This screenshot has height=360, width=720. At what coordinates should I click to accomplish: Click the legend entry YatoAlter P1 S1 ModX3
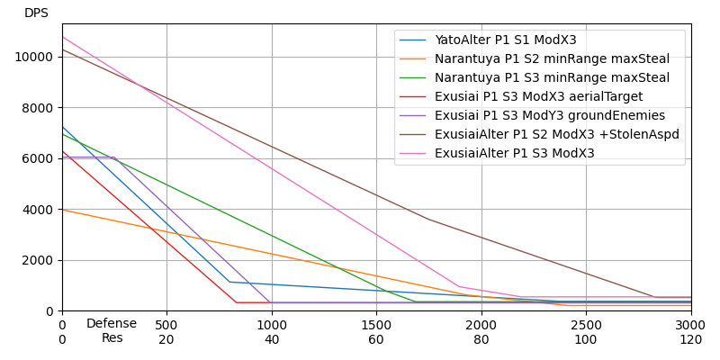pyautogui.click(x=505, y=40)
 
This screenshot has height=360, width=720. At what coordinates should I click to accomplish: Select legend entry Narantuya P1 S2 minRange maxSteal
pyautogui.click(x=552, y=59)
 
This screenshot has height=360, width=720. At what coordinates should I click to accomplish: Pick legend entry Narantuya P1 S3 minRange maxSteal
pyautogui.click(x=552, y=78)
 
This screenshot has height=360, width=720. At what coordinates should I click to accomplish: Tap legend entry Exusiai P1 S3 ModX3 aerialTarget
pyautogui.click(x=538, y=97)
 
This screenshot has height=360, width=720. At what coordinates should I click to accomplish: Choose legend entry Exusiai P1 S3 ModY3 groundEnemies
pyautogui.click(x=549, y=116)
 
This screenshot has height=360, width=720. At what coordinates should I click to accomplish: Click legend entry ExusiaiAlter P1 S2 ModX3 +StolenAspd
pyautogui.click(x=556, y=135)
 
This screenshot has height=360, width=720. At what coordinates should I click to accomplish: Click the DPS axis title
pyautogui.click(x=36, y=13)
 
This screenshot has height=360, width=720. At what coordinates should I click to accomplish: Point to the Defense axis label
pyautogui.click(x=112, y=324)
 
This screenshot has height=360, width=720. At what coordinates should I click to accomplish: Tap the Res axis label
pyautogui.click(x=112, y=338)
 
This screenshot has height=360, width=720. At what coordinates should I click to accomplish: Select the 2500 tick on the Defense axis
pyautogui.click(x=586, y=324)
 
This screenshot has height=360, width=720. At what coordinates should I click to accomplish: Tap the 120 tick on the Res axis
pyautogui.click(x=690, y=339)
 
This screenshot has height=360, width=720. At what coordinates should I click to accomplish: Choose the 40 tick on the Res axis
pyautogui.click(x=272, y=339)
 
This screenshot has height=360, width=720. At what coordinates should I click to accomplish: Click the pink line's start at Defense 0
pyautogui.click(x=62, y=37)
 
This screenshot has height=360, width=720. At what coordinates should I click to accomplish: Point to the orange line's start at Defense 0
pyautogui.click(x=62, y=210)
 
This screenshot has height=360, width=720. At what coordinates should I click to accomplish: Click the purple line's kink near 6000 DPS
pyautogui.click(x=114, y=157)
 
